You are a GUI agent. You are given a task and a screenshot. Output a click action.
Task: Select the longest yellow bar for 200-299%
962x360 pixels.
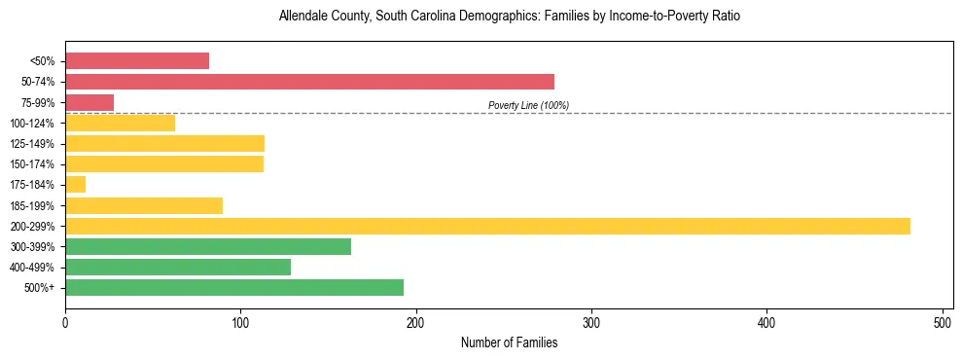click(x=487, y=226)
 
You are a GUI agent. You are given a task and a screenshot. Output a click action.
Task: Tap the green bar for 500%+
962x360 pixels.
click(x=233, y=287)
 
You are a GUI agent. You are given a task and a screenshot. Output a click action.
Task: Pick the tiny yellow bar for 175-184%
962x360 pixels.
click(x=75, y=185)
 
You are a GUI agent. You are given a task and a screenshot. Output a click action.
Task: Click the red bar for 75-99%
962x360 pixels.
click(x=89, y=102)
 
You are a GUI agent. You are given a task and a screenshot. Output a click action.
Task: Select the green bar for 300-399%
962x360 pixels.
click(x=208, y=246)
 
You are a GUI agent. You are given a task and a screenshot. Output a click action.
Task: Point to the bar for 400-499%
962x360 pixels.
click(x=178, y=267)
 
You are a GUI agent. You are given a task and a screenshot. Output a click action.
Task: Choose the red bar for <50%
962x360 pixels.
click(x=137, y=61)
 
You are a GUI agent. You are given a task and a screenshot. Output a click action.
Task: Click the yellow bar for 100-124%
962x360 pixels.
click(x=120, y=123)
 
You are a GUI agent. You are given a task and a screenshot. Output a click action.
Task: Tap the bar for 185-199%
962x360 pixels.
click(x=144, y=205)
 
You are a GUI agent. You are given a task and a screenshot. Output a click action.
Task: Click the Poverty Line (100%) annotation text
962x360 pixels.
click(x=528, y=105)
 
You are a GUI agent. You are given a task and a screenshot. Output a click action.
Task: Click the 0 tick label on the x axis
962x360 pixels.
click(x=65, y=322)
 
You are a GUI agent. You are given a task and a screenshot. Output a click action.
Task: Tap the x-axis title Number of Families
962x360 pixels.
click(x=509, y=342)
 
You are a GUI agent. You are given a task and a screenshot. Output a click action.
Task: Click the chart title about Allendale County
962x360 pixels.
click(x=509, y=17)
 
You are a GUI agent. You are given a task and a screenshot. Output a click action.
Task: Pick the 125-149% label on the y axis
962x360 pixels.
click(x=32, y=144)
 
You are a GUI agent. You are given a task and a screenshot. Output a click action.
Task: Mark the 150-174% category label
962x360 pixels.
click(x=32, y=164)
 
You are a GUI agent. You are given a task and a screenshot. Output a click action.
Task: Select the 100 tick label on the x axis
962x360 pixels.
click(x=240, y=322)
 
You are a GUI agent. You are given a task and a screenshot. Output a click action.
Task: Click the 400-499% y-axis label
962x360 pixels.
click(x=32, y=268)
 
